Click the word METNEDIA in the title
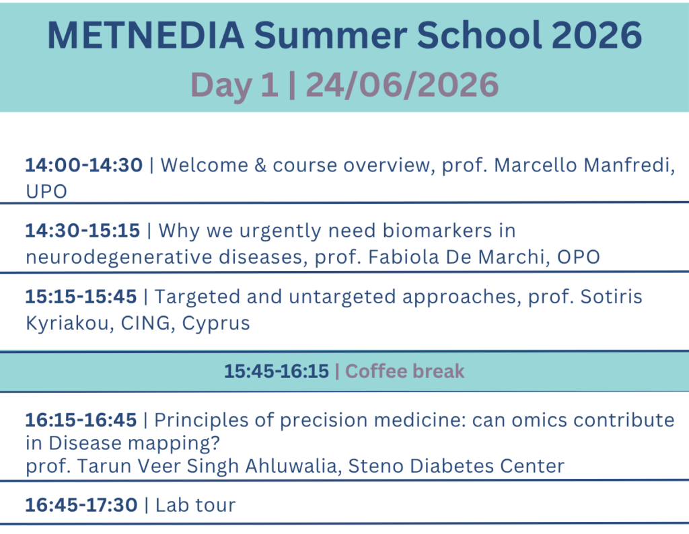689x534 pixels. point(145,35)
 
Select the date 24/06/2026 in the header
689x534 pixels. point(402,85)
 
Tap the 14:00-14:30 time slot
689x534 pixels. point(84,165)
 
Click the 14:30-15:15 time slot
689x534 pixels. point(83,231)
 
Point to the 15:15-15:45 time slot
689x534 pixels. point(81,297)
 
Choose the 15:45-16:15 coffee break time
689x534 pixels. point(277,371)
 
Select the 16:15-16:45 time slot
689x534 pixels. point(81,420)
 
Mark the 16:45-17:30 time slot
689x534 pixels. point(81,505)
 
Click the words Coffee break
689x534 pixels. point(404,371)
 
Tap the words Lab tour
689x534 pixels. point(196,505)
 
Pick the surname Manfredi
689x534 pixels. point(628,165)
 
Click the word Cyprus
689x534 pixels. point(216,323)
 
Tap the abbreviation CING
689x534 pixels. point(146,323)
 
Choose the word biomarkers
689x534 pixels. point(437,231)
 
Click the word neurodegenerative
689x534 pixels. point(119,258)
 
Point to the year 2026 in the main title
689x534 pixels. point(596,35)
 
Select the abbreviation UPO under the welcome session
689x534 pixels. point(46,192)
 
